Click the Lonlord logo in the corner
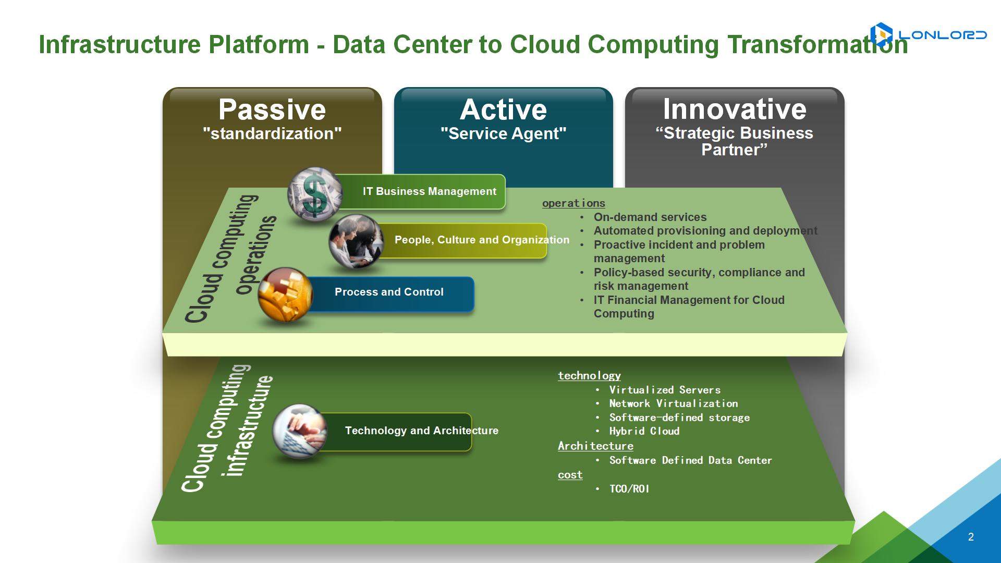click(929, 35)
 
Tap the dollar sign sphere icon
click(315, 195)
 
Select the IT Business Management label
click(430, 191)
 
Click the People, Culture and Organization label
click(482, 240)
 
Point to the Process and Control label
click(389, 292)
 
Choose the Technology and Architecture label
click(422, 431)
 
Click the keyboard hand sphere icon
click(300, 432)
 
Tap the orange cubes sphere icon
click(285, 295)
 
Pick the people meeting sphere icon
click(356, 241)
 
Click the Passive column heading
click(272, 109)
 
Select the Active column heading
click(504, 109)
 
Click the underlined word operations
click(573, 203)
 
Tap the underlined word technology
click(589, 375)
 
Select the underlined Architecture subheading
click(595, 446)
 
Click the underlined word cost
click(570, 474)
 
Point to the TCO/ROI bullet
click(629, 488)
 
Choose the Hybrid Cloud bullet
click(644, 431)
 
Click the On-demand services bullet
click(650, 217)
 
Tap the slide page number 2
click(971, 537)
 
